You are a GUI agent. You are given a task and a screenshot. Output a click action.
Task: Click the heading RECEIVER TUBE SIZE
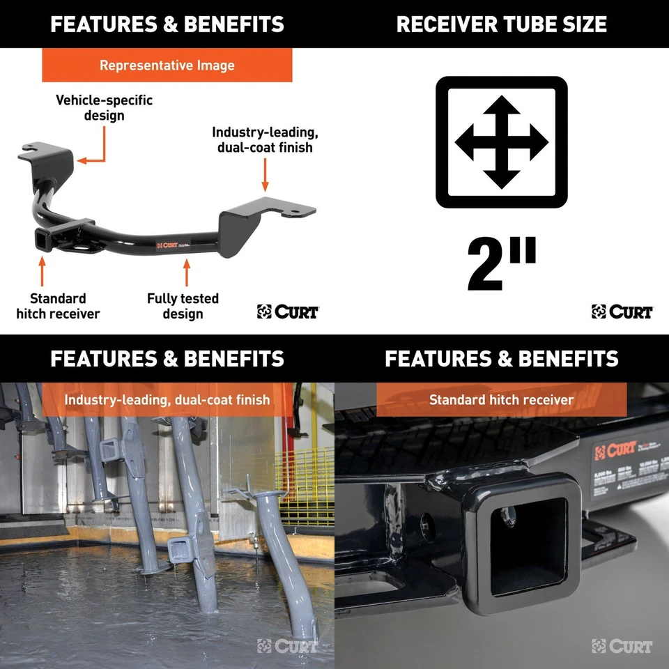pyautogui.click(x=501, y=24)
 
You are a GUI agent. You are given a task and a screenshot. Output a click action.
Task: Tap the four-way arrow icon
pyautogui.click(x=501, y=142)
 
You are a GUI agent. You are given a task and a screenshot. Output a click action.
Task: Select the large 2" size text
pyautogui.click(x=502, y=266)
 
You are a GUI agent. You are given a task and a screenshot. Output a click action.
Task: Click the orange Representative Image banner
pyautogui.click(x=167, y=66)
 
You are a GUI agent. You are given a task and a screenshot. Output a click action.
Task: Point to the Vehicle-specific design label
pyautogui.click(x=104, y=107)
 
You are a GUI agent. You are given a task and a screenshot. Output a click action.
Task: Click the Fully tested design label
pyautogui.click(x=183, y=306)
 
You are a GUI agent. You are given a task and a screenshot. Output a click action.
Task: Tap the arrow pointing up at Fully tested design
pyautogui.click(x=186, y=272)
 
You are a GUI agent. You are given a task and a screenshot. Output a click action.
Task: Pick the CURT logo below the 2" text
pyautogui.click(x=622, y=312)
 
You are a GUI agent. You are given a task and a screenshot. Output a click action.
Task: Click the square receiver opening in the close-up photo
pyautogui.click(x=523, y=540)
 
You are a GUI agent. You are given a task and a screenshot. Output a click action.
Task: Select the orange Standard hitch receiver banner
pyautogui.click(x=501, y=400)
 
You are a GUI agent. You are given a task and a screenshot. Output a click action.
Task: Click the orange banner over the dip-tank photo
pyautogui.click(x=167, y=400)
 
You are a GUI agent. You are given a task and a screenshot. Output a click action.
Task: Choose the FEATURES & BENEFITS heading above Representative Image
pyautogui.click(x=167, y=24)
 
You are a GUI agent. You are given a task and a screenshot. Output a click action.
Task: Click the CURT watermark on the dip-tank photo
pyautogui.click(x=286, y=646)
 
